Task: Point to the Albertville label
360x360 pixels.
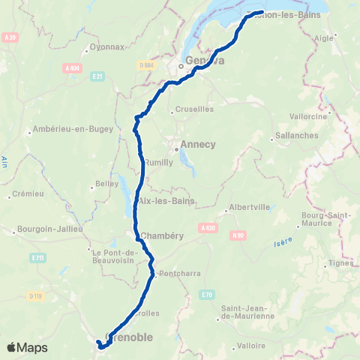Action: click(250, 209)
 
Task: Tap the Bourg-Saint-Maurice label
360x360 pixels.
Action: click(321, 219)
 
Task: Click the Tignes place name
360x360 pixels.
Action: click(340, 263)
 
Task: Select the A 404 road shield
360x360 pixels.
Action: click(72, 68)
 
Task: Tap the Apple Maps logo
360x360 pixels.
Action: click(27, 347)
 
